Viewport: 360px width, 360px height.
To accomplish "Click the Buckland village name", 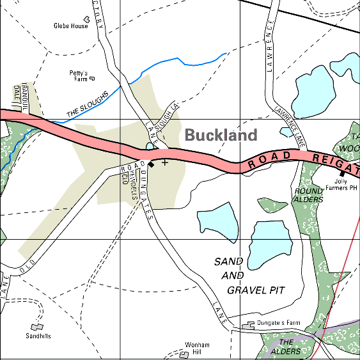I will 221,135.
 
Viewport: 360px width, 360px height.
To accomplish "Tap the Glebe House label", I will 70,26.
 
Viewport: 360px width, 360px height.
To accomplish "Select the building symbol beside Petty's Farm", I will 91,79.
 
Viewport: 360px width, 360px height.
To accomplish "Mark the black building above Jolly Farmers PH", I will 342,173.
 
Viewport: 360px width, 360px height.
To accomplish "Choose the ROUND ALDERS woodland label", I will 309,195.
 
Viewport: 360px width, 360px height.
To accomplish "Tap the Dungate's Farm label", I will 278,324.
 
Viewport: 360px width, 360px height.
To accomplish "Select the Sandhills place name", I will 38,336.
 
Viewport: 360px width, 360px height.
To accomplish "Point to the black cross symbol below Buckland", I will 165,162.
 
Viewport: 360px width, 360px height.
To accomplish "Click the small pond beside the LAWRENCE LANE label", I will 286,132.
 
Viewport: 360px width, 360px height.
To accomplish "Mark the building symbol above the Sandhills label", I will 38,327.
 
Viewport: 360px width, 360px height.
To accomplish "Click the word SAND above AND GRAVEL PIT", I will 229,262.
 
